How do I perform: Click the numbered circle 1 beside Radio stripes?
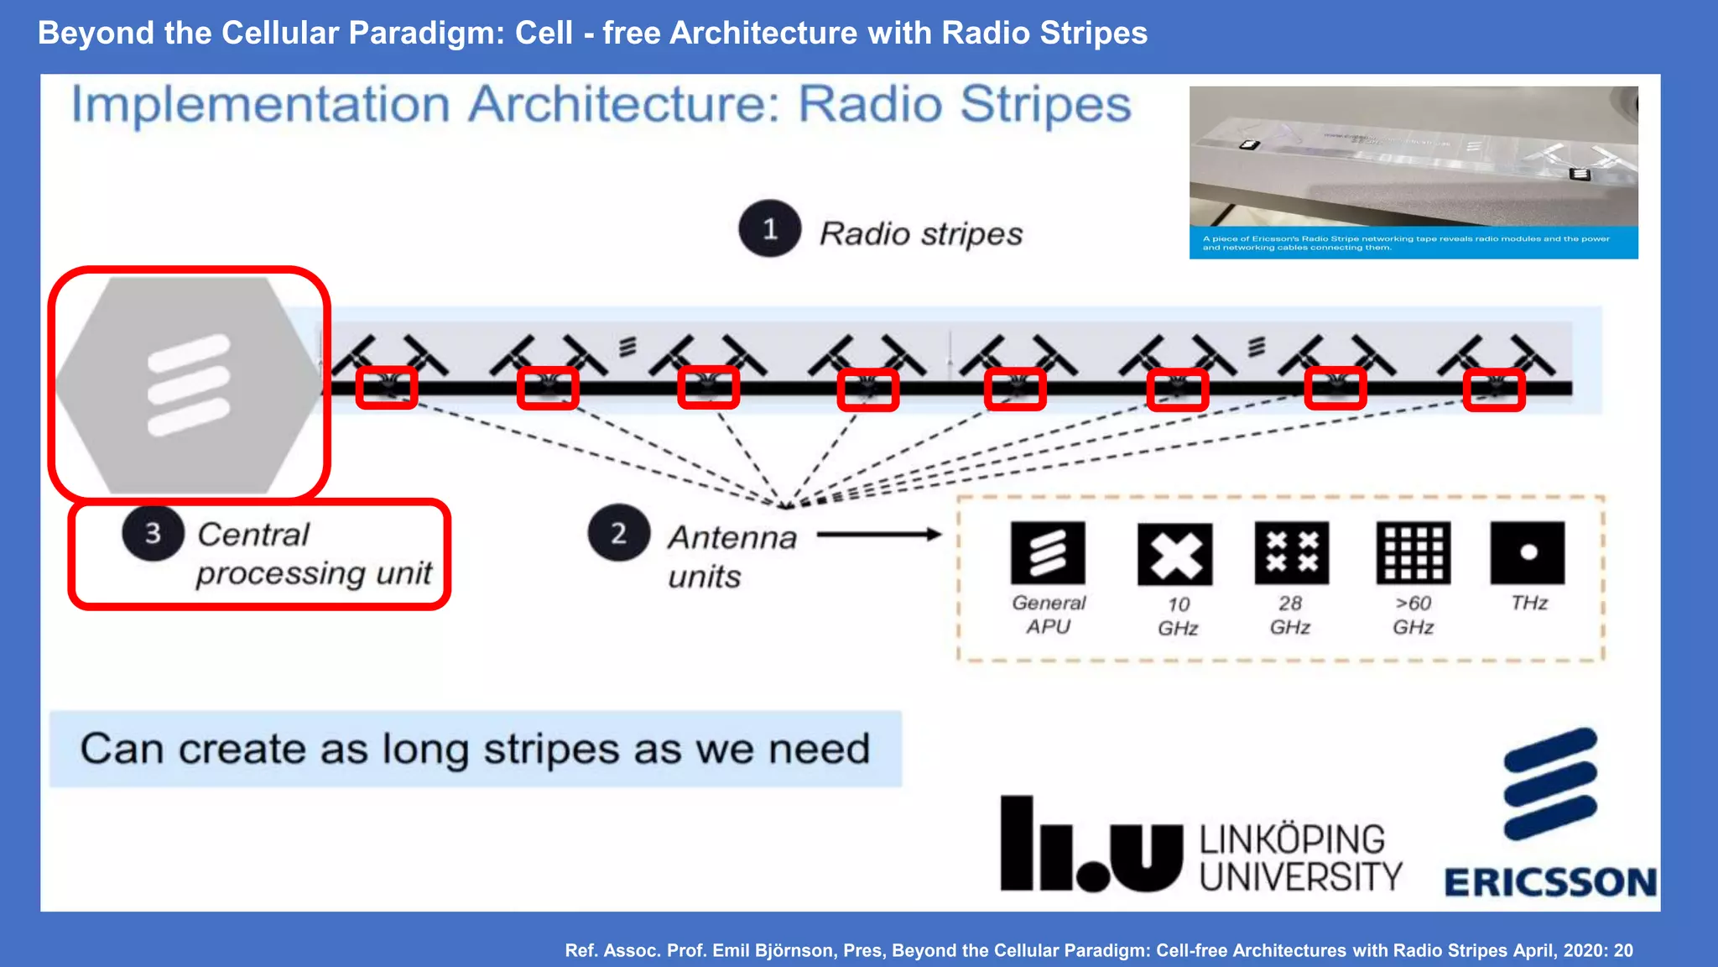pos(769,229)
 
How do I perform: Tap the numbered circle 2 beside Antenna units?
pos(618,533)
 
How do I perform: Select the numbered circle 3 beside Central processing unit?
pos(153,533)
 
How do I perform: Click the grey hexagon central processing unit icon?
pos(188,385)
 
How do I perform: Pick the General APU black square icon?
pos(1048,552)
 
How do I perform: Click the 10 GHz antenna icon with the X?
pos(1174,554)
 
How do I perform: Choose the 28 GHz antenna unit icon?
pos(1291,552)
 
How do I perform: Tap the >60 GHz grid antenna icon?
pos(1413,552)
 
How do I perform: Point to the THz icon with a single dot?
pos(1528,552)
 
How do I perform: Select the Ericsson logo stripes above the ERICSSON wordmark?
pos(1550,783)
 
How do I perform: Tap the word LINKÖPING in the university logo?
pos(1292,839)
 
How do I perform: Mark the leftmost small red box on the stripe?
pos(387,388)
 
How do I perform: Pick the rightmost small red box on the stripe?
pos(1494,389)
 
